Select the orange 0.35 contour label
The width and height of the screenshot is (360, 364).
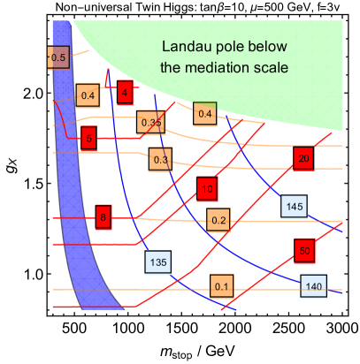coord(150,123)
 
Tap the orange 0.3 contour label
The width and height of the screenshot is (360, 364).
coord(160,159)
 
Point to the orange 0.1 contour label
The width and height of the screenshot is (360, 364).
coord(221,285)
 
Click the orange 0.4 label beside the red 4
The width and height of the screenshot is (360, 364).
coord(88,95)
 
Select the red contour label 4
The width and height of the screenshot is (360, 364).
coord(125,91)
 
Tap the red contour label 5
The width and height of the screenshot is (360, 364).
coord(88,138)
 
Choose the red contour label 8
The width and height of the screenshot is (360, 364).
coord(103,216)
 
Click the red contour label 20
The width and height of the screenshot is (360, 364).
coord(303,158)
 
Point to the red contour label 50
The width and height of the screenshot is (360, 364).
coord(303,249)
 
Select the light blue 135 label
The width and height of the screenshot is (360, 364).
coord(159,262)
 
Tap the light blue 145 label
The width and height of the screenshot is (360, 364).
coord(294,207)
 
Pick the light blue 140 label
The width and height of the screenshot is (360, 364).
coord(313,285)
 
